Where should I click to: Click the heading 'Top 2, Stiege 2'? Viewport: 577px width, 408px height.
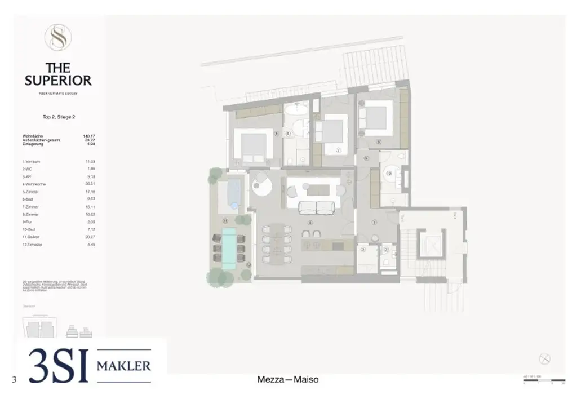(59, 117)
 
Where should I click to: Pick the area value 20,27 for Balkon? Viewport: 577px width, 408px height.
(88, 237)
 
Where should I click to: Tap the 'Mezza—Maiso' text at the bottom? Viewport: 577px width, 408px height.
(287, 380)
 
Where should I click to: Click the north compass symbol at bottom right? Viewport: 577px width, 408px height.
(544, 358)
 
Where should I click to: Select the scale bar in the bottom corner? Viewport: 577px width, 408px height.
(544, 381)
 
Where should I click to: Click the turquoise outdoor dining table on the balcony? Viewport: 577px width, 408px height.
(229, 247)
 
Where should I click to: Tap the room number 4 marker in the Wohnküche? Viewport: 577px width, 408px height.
(309, 223)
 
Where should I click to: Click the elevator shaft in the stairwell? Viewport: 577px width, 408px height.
(431, 246)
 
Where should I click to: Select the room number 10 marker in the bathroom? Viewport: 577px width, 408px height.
(389, 174)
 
